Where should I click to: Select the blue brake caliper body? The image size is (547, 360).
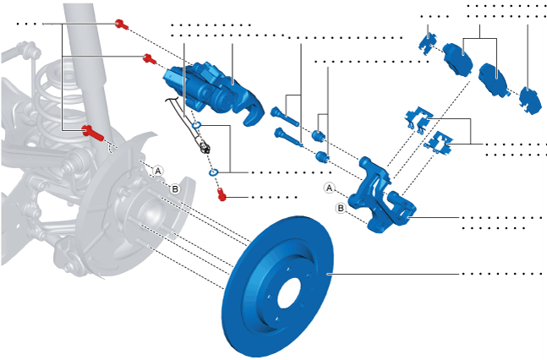211,85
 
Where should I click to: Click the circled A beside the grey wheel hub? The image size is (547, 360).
156,170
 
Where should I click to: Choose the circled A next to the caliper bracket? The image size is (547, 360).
330,188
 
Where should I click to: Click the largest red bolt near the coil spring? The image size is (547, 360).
91,131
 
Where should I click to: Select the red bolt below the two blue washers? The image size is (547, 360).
222,195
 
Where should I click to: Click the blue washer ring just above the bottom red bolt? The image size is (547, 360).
213,175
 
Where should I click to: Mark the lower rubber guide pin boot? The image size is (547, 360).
320,156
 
